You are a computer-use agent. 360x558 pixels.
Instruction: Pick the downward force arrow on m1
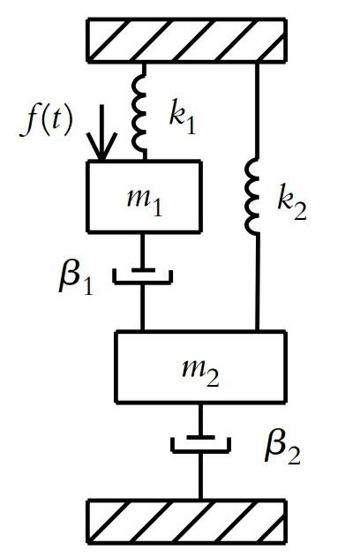[101, 133]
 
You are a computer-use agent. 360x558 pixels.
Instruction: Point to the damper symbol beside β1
[143, 275]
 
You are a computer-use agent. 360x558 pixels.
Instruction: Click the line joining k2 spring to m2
[257, 283]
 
